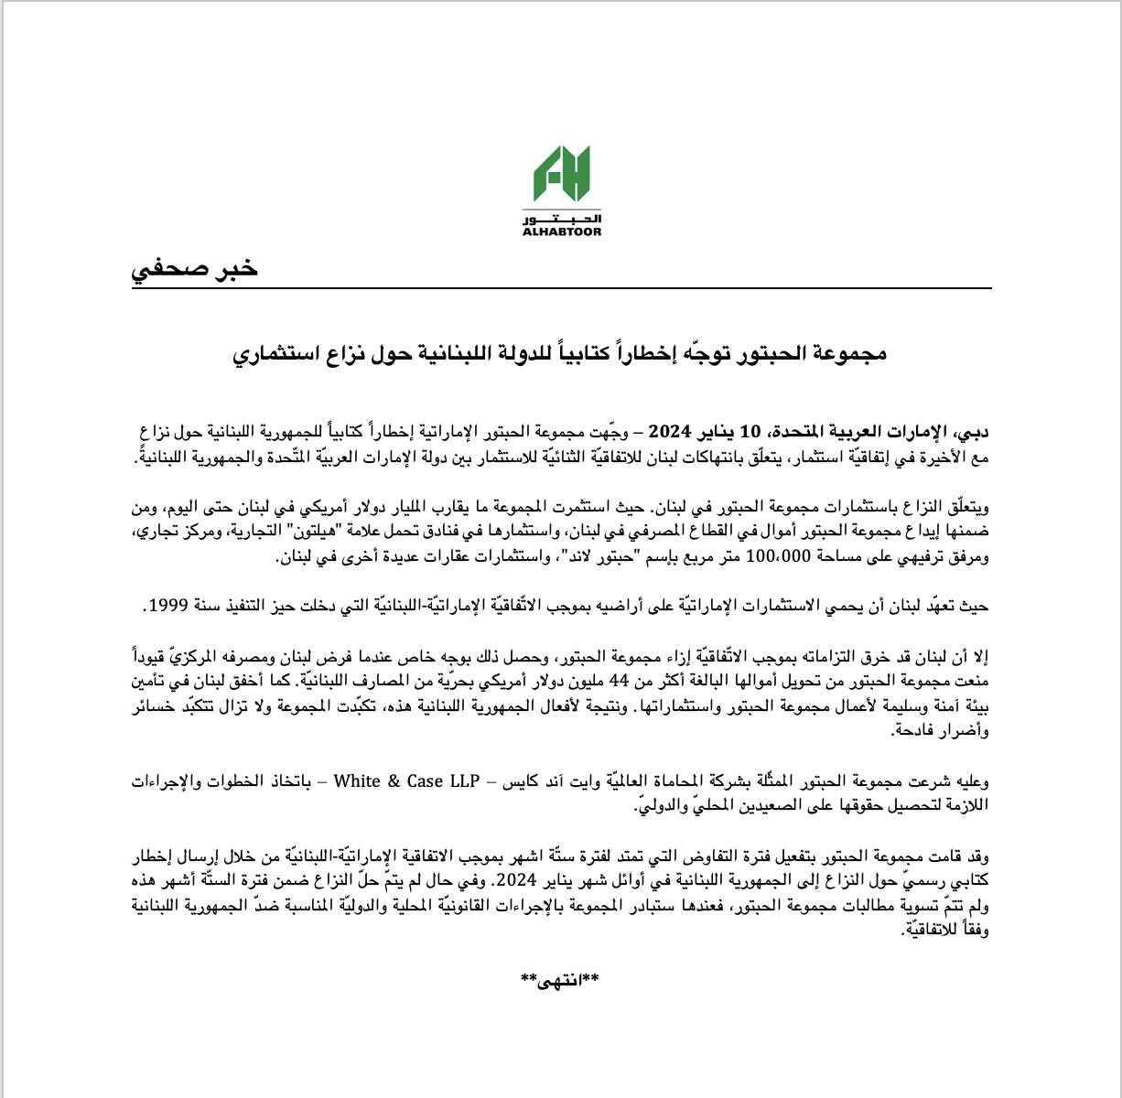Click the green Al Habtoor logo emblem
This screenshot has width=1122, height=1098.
(561, 177)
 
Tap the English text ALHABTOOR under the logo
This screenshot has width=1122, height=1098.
(561, 232)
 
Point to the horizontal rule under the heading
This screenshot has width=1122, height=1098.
(561, 289)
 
